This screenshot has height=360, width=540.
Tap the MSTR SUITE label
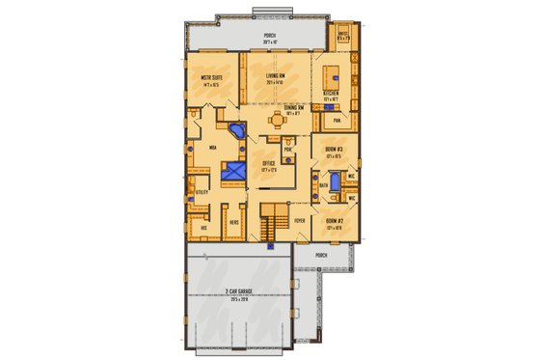213,78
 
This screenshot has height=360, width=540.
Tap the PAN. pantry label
337,121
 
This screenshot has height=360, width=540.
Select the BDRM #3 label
335,150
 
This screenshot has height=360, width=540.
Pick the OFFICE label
269,166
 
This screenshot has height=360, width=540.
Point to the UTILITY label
202,193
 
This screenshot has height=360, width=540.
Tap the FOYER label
299,220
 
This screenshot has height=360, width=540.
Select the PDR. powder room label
288,150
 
